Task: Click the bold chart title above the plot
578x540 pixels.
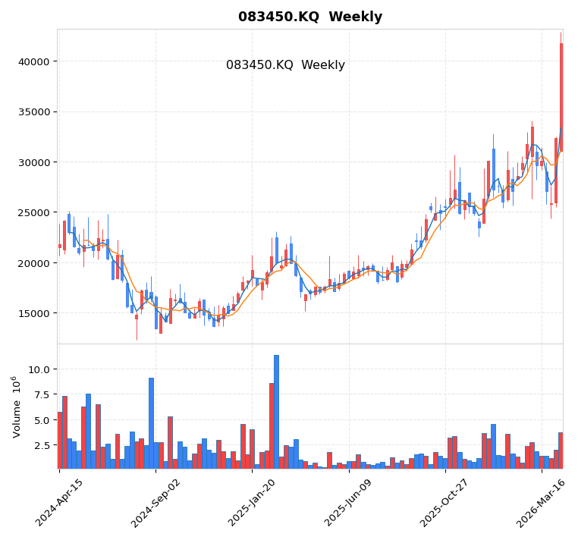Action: pyautogui.click(x=309, y=17)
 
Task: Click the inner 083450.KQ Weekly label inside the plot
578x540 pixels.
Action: pyautogui.click(x=285, y=65)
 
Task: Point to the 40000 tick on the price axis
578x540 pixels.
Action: pyautogui.click(x=33, y=61)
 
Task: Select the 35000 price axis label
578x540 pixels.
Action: pyautogui.click(x=33, y=112)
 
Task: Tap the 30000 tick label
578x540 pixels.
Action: pyautogui.click(x=33, y=162)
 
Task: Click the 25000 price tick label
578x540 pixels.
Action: pyautogui.click(x=33, y=212)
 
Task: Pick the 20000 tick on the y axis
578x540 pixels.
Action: pyautogui.click(x=33, y=263)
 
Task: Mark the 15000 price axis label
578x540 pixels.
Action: pyautogui.click(x=33, y=313)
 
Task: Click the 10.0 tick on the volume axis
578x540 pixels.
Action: pyautogui.click(x=39, y=369)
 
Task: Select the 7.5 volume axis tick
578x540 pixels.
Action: pyautogui.click(x=42, y=394)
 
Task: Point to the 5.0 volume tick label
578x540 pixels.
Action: pyautogui.click(x=42, y=420)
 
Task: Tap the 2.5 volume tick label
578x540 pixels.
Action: pyautogui.click(x=42, y=445)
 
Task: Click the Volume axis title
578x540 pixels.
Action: pyautogui.click(x=16, y=407)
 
